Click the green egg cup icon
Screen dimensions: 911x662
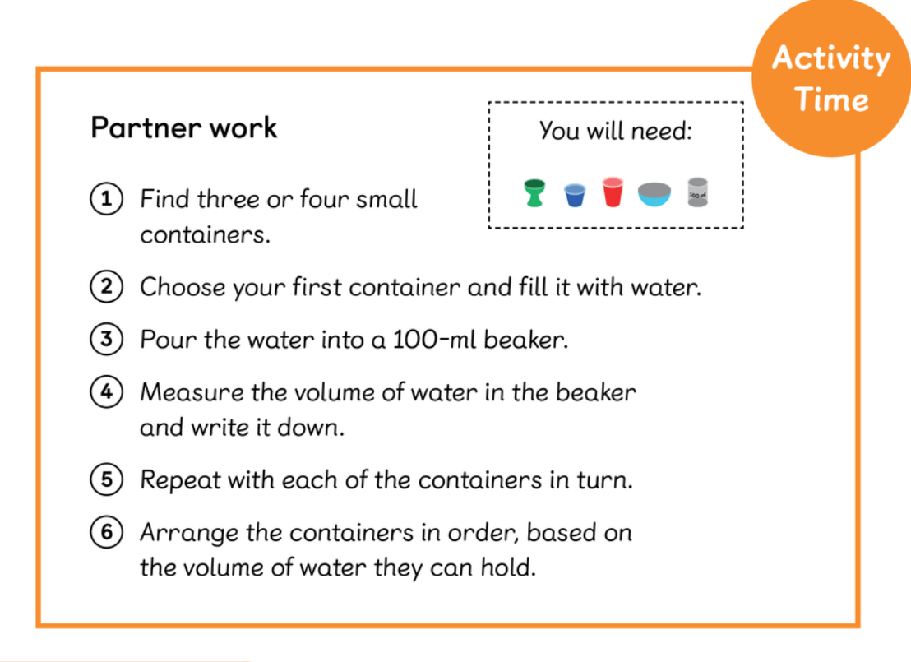[x=534, y=193]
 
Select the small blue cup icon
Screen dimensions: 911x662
[x=575, y=195]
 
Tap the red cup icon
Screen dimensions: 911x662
[x=613, y=192]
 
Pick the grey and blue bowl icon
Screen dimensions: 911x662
[x=654, y=194]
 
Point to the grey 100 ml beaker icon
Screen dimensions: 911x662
[x=697, y=192]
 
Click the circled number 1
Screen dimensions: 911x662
[x=106, y=199]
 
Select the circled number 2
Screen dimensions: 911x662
[x=106, y=286]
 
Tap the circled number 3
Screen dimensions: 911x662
[x=106, y=339]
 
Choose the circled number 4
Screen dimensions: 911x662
[x=106, y=391]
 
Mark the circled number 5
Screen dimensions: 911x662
[x=106, y=479]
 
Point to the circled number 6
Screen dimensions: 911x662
[x=106, y=532]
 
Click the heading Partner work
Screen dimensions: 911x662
[x=184, y=127]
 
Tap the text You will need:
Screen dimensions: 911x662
[x=616, y=131]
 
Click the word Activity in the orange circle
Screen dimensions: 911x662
[x=831, y=59]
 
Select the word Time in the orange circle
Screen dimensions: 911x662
[x=831, y=99]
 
